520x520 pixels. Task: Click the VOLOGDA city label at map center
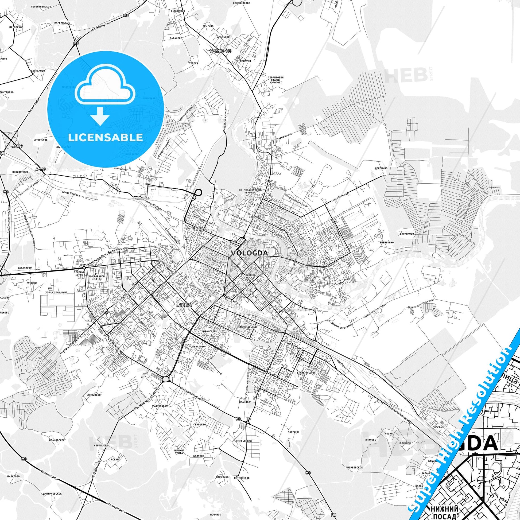pyautogui.click(x=249, y=253)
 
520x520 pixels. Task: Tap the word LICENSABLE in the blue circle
pyautogui.click(x=106, y=137)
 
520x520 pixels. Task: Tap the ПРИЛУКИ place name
pyautogui.click(x=246, y=61)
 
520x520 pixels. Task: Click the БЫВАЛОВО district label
pyautogui.click(x=198, y=347)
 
